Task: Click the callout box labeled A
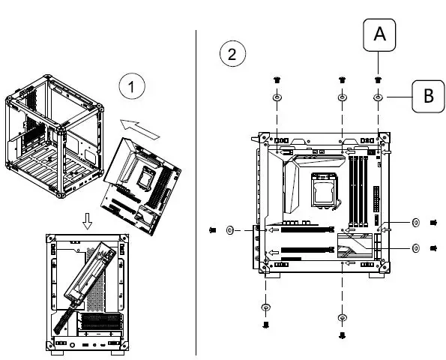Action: click(x=379, y=34)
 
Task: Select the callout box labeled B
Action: click(x=427, y=96)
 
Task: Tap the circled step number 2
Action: click(x=231, y=53)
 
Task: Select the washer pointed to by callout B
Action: click(x=379, y=97)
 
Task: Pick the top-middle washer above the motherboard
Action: click(x=343, y=97)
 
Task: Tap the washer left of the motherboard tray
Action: click(x=231, y=230)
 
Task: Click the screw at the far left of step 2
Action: click(x=212, y=230)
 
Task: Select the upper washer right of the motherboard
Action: click(x=415, y=223)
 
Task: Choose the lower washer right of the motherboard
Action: click(x=415, y=247)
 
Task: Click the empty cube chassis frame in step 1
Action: click(x=52, y=135)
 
